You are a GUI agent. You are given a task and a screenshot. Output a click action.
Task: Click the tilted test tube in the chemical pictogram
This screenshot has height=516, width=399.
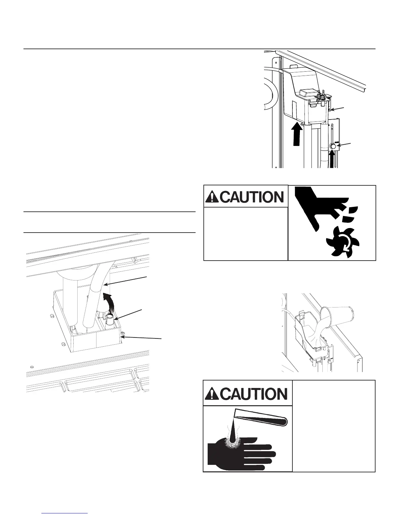(261, 418)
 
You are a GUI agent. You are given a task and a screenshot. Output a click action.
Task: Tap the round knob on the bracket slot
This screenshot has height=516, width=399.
(333, 147)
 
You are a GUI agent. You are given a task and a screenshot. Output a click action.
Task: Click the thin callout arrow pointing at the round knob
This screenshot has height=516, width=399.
(344, 145)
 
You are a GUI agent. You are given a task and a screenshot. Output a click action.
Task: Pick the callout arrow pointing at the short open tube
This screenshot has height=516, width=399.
(129, 314)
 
